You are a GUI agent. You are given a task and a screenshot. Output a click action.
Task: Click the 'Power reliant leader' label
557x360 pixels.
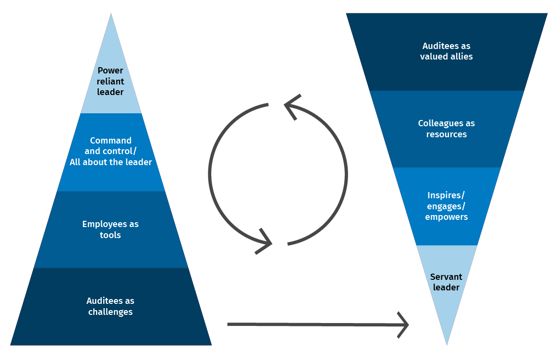[110, 81]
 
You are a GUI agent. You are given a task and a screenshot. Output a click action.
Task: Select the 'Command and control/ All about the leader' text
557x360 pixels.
[110, 151]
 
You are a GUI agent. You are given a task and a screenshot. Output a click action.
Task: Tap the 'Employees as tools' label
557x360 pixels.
[110, 229]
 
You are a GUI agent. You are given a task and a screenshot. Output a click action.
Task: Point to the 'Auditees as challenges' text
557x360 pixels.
[110, 306]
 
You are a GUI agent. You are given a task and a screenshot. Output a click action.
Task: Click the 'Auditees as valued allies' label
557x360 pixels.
[447, 51]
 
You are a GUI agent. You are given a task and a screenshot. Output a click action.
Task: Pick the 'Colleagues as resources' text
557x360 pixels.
[447, 129]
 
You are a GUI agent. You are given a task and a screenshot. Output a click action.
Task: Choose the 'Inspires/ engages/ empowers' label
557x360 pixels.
[447, 206]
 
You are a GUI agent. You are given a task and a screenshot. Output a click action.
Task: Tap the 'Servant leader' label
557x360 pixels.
[447, 282]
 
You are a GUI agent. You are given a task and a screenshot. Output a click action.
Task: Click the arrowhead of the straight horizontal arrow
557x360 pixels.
[403, 325]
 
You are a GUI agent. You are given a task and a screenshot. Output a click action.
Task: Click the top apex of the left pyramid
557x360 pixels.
[111, 14]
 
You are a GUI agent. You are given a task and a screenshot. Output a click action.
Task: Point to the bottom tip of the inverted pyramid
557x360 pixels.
[447, 344]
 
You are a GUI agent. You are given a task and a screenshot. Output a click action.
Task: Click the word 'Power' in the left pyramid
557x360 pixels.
[110, 71]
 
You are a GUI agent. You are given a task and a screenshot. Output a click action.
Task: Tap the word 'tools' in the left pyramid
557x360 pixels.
[110, 235]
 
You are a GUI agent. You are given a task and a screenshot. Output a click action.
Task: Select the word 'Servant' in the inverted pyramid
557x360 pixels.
[447, 277]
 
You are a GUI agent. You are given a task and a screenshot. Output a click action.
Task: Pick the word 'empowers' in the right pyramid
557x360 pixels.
[447, 216]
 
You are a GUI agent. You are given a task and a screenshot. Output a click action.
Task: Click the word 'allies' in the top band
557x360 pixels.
[460, 57]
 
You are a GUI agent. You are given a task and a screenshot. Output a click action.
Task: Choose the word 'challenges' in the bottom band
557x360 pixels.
[110, 312]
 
